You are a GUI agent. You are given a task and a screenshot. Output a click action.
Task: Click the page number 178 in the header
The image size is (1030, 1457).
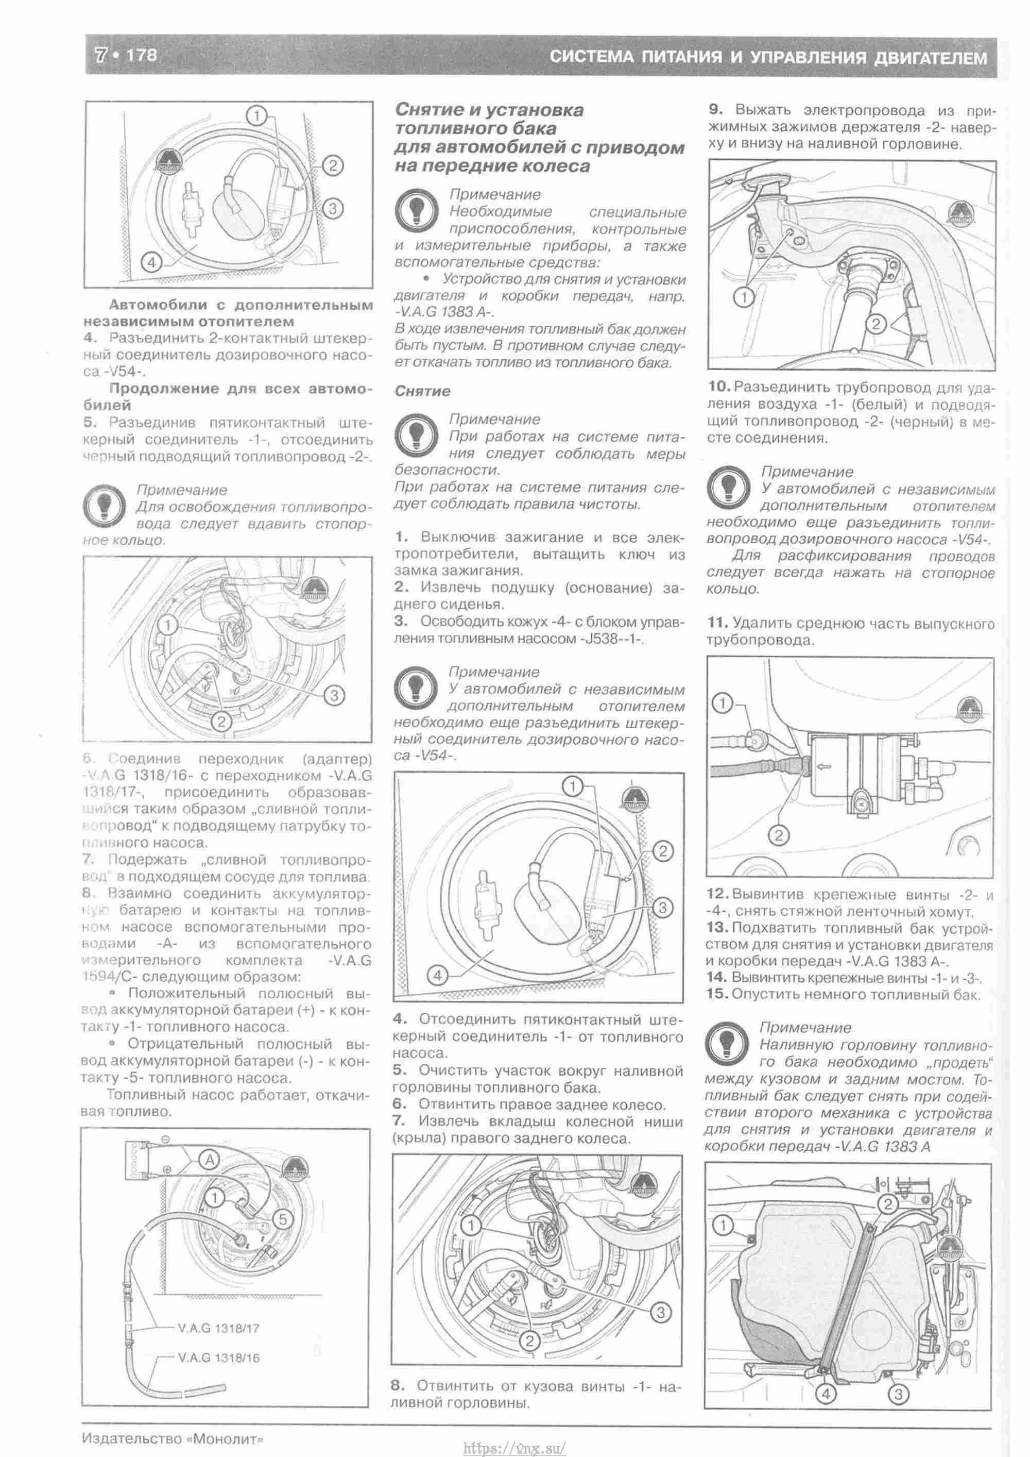coord(142,55)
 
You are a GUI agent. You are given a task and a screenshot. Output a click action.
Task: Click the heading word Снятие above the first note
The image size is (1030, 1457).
coord(422,391)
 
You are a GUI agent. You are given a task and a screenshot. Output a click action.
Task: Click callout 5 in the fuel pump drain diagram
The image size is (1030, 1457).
coord(283,1218)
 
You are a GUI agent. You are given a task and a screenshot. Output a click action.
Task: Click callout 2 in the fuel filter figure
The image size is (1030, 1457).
coord(779,835)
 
